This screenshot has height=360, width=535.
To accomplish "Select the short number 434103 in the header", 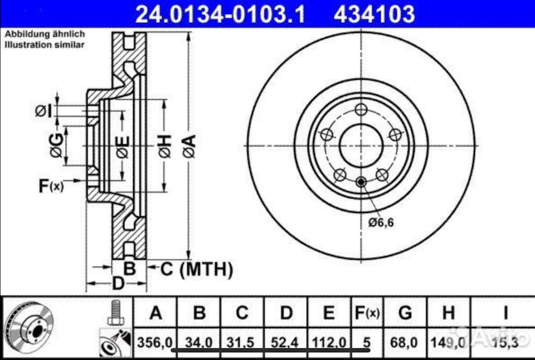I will [374, 13].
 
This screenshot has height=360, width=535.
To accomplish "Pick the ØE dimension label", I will [121, 147].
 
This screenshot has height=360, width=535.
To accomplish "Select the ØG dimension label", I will [56, 147].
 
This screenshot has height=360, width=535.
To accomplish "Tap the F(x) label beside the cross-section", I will [51, 186].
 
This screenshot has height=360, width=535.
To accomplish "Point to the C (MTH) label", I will [196, 270].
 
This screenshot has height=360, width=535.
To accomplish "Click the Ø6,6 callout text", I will [381, 223].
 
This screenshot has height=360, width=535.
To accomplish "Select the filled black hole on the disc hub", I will [361, 181].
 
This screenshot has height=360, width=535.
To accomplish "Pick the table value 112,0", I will [329, 341].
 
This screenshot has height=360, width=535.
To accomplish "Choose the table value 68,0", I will [405, 341].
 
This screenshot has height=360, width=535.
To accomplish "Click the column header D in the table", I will [286, 313].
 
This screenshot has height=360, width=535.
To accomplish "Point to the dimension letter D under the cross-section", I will [118, 283].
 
